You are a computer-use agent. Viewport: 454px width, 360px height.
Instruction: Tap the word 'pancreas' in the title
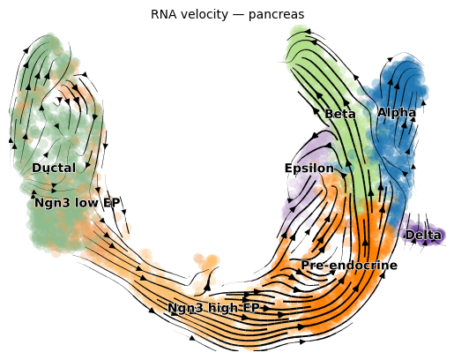(x=276, y=15)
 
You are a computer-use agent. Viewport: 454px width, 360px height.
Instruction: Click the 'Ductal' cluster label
(x=54, y=168)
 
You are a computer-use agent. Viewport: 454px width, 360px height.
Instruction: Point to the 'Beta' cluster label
(x=340, y=114)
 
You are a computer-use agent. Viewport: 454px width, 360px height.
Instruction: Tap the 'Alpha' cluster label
(x=397, y=112)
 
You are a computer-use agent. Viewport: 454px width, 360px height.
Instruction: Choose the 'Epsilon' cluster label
(x=309, y=169)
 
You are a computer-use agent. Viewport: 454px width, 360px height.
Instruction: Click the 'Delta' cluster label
(x=423, y=235)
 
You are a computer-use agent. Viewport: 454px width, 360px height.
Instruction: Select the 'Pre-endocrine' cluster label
(x=349, y=266)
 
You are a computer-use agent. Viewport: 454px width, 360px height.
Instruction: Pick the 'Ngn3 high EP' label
(x=214, y=308)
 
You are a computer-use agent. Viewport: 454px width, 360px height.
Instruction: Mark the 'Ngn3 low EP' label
(x=78, y=203)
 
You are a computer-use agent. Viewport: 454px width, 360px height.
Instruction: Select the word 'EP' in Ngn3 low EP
(x=111, y=203)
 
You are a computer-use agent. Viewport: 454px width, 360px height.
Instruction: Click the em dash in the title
(x=238, y=15)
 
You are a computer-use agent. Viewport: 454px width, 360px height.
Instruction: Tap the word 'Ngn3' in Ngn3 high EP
(x=186, y=308)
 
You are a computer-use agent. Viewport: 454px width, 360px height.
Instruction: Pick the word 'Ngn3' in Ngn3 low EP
(x=53, y=203)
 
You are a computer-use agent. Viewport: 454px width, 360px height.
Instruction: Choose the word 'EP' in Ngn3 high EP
(x=251, y=308)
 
